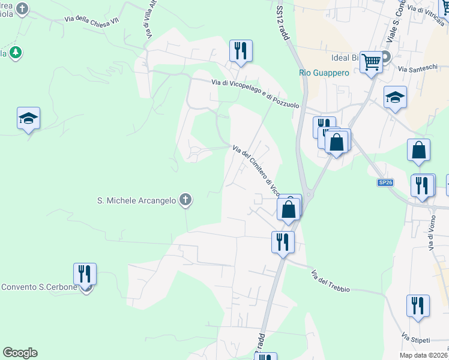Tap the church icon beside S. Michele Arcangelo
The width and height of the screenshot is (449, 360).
(186, 200)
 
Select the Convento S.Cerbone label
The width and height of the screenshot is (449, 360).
(39, 287)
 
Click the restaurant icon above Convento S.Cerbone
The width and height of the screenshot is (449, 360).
(85, 274)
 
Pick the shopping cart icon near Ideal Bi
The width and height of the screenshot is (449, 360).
(372, 61)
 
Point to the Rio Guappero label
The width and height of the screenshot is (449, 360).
(324, 73)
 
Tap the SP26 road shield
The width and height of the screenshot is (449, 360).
(385, 182)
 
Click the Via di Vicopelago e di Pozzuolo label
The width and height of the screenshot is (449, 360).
(255, 94)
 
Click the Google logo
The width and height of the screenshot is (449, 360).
(20, 353)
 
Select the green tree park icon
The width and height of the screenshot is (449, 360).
(16, 53)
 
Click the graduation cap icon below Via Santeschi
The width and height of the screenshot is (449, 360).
(396, 98)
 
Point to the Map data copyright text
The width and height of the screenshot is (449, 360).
(423, 355)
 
